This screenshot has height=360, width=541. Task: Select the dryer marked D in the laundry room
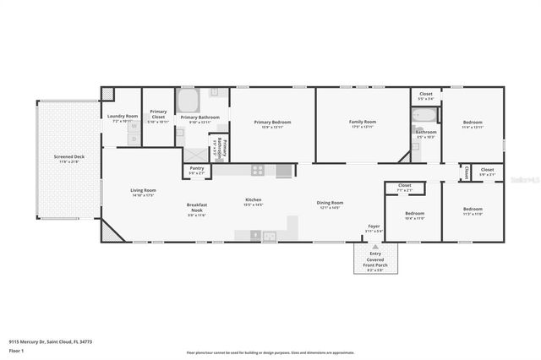point(133,139)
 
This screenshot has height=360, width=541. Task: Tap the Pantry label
point(197,168)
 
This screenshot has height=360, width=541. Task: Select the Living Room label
point(143,190)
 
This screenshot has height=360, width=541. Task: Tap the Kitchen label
point(254,199)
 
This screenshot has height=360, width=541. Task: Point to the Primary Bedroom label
point(272,122)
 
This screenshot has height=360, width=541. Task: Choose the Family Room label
point(363,122)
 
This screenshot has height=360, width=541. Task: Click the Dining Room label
point(330,203)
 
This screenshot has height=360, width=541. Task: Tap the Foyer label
point(373,226)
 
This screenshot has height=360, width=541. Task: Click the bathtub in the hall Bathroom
point(424,114)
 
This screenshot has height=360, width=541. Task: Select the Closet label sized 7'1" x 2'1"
point(404,184)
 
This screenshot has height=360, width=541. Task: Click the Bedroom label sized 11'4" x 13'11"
point(473,123)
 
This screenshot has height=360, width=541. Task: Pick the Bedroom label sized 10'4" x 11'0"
point(414,213)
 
